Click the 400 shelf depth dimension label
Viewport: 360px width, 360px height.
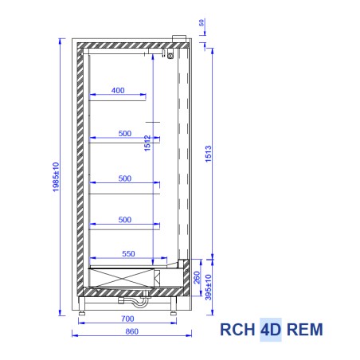coord(118,91)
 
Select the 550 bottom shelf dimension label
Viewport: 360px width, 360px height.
coord(128,254)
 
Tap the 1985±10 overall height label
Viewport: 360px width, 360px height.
coord(56,177)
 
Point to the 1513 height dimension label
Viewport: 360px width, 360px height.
coord(209,154)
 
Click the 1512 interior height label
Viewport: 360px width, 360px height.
coord(147,143)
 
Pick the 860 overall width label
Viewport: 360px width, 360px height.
coord(132,331)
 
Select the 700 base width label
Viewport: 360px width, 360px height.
coord(127,319)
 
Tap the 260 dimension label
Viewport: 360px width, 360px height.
coord(197,277)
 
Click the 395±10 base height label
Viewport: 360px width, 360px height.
coord(209,288)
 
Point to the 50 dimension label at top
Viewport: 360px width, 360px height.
coord(202,22)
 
